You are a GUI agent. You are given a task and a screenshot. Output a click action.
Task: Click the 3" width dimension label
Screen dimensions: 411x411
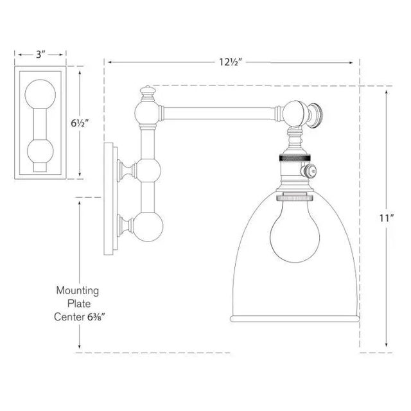click(40, 55)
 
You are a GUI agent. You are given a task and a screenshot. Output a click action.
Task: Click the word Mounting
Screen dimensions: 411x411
click(78, 291)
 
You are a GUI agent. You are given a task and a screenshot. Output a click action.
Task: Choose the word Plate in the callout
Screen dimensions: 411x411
click(79, 304)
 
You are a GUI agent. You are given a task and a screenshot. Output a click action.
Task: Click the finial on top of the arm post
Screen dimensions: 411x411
click(148, 94)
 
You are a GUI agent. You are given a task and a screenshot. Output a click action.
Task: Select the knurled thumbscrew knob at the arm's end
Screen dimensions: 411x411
click(316, 116)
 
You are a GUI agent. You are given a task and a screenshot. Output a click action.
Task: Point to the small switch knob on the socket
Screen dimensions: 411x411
click(309, 171)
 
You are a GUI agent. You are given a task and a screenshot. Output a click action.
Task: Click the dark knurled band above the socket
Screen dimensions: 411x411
click(295, 159)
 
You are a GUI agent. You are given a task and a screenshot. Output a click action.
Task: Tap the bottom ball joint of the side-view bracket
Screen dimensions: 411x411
click(148, 227)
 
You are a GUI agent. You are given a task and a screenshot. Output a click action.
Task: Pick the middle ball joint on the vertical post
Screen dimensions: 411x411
click(147, 170)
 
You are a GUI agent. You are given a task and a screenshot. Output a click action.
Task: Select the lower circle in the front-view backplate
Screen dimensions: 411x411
click(40, 152)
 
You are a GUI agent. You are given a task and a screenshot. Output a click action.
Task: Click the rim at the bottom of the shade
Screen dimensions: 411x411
click(295, 319)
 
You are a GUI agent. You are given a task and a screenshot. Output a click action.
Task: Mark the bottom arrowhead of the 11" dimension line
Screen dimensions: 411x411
click(386, 344)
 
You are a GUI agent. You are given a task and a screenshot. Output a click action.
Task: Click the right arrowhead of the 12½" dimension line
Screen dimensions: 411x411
click(351, 62)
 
